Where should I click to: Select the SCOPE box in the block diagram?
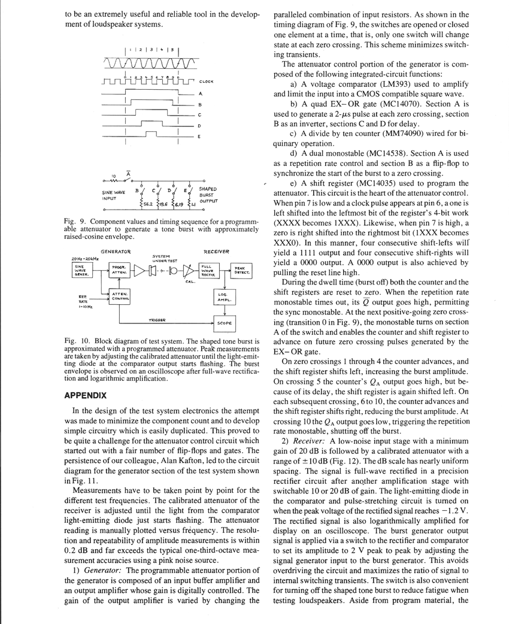point(225,323)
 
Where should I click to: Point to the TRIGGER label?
point(157,319)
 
